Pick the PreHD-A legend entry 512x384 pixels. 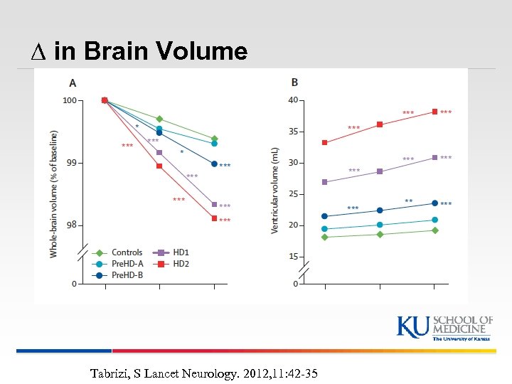(119, 264)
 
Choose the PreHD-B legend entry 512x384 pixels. (119, 275)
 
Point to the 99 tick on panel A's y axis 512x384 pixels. (70, 163)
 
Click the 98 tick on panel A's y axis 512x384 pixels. (70, 225)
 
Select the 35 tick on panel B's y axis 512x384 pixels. (293, 132)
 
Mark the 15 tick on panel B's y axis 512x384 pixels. (293, 257)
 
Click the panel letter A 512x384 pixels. (73, 82)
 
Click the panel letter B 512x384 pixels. (294, 82)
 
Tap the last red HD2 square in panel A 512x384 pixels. (214, 218)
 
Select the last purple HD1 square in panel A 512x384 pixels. (214, 205)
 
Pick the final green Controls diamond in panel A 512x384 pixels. (214, 139)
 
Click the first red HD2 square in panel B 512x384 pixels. (325, 142)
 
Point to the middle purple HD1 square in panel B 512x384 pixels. (380, 171)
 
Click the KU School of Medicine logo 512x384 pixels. (444, 327)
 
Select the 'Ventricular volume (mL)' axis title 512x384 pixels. (274, 190)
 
